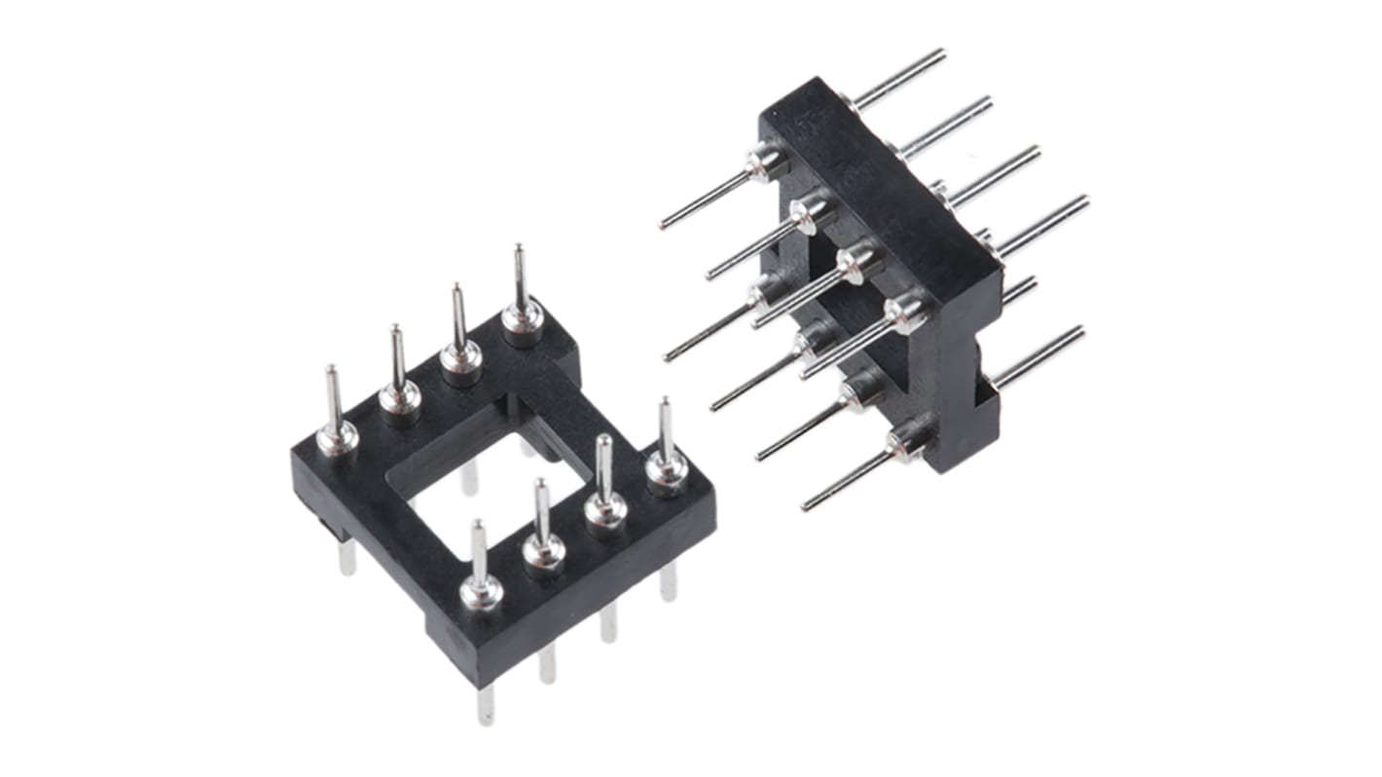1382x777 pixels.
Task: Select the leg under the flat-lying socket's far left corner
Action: coord(346,557)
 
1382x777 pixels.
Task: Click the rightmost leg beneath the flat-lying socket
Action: coord(668,581)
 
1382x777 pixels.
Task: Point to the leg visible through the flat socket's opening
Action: coord(469,477)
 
